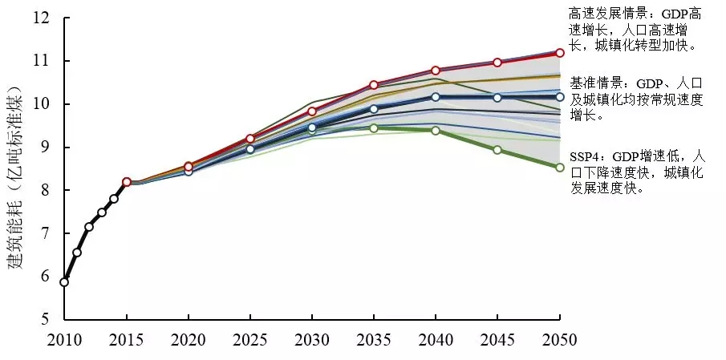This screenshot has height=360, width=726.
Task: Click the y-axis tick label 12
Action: click(x=41, y=18)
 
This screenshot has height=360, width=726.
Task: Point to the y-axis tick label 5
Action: click(x=45, y=319)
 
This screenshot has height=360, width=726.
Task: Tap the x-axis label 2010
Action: click(x=64, y=340)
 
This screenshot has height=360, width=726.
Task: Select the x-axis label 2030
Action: click(x=312, y=340)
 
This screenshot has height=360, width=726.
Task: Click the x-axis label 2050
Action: click(x=560, y=340)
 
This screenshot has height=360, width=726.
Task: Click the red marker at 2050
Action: click(x=560, y=52)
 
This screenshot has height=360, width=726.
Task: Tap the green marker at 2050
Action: click(x=560, y=167)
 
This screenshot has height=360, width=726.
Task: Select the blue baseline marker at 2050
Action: click(x=560, y=97)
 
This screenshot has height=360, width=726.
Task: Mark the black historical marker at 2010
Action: click(x=64, y=281)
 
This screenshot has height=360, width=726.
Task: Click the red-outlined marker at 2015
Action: click(x=127, y=182)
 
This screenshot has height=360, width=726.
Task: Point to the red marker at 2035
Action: click(x=374, y=84)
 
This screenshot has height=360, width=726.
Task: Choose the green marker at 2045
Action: click(x=497, y=150)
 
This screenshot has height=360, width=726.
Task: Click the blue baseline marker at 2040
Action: click(x=436, y=97)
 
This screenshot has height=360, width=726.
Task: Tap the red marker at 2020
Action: click(x=189, y=166)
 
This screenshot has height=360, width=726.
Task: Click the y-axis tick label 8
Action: click(x=45, y=190)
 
